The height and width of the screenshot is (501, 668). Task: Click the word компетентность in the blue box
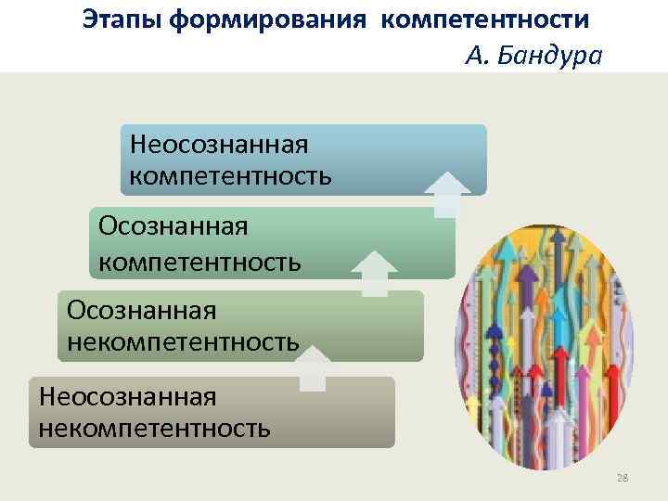[x=230, y=174]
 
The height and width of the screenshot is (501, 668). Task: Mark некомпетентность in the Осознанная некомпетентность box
[x=183, y=341]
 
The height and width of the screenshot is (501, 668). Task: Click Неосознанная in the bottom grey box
[x=127, y=396]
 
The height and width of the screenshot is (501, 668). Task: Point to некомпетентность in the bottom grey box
[x=155, y=428]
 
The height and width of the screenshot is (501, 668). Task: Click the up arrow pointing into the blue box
[x=446, y=192]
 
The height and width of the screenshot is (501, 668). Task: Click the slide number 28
[x=623, y=478]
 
